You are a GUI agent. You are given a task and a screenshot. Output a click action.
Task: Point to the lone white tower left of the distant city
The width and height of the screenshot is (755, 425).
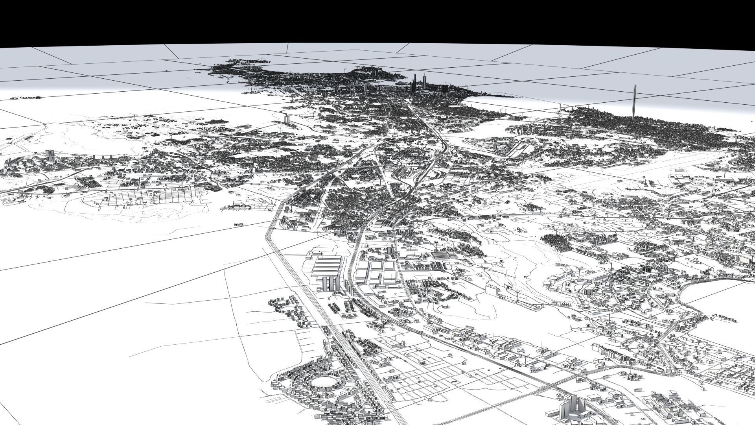pyautogui.click(x=286, y=118)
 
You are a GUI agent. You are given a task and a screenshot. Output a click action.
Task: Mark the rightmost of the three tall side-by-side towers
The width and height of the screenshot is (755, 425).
pyautogui.click(x=338, y=283)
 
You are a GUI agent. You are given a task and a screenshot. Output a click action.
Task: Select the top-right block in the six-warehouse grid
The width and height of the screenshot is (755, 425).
pyautogui.click(x=390, y=266)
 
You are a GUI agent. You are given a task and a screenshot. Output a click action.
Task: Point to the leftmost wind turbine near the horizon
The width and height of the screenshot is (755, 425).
pyautogui.click(x=134, y=115)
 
